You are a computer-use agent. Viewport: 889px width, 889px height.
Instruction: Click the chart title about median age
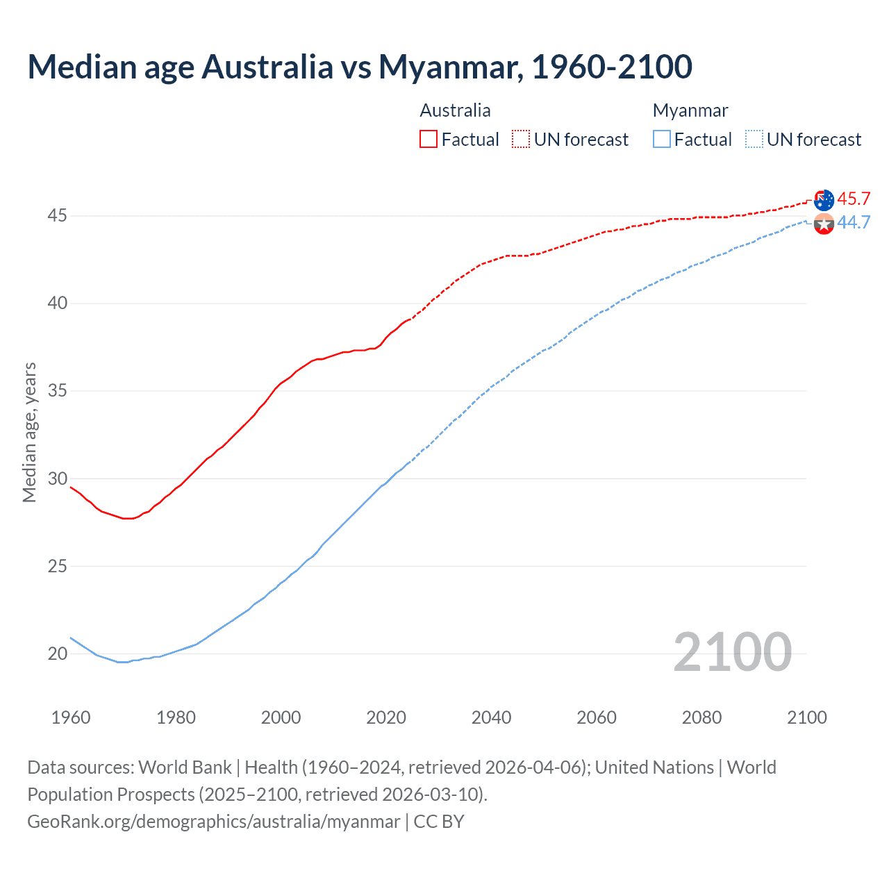click(x=360, y=67)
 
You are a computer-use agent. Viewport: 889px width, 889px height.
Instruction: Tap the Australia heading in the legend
click(x=455, y=110)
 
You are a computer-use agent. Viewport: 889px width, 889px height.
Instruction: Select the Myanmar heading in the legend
click(x=690, y=110)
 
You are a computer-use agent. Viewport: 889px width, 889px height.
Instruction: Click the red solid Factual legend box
click(x=429, y=139)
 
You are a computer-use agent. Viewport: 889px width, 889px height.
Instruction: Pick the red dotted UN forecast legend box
click(x=521, y=139)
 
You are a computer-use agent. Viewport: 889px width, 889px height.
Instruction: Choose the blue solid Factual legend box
click(x=662, y=139)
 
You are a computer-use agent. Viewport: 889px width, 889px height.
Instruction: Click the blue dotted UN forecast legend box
click(x=754, y=139)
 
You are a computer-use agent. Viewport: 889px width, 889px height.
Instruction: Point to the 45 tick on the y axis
click(x=57, y=216)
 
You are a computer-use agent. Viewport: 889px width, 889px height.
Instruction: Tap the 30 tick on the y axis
click(x=57, y=479)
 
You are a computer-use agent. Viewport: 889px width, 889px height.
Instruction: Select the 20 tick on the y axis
click(x=57, y=654)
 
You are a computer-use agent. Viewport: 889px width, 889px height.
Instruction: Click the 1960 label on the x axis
click(x=71, y=717)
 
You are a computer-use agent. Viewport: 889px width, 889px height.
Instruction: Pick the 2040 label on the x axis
click(x=491, y=717)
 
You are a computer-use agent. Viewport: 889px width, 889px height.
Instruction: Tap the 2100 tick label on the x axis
click(x=806, y=717)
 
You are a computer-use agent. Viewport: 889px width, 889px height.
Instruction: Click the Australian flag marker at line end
click(x=824, y=200)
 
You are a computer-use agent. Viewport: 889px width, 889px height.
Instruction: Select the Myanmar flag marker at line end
click(x=824, y=224)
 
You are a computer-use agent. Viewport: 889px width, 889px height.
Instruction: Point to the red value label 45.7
click(x=854, y=199)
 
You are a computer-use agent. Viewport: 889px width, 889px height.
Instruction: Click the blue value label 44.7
click(x=854, y=222)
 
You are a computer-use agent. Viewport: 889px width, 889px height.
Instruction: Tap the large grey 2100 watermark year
click(x=732, y=651)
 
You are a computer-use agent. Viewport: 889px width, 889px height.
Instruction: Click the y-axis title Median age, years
click(x=29, y=432)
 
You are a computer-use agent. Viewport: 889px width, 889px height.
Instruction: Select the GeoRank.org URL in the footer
click(x=214, y=821)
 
